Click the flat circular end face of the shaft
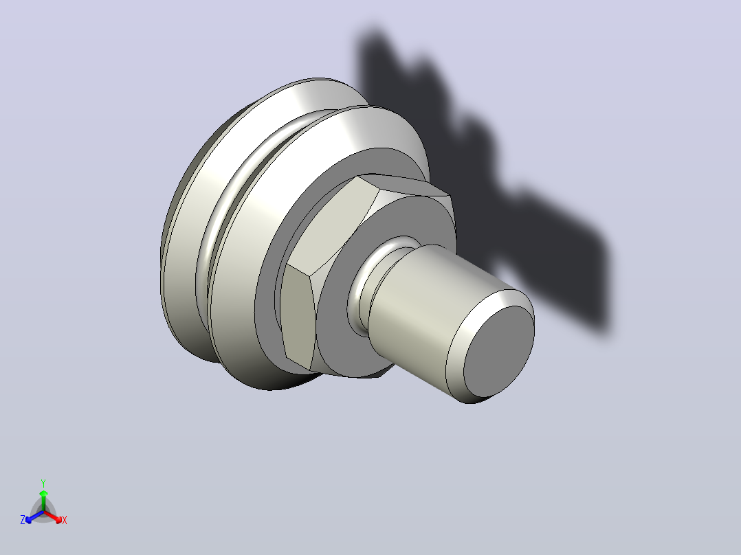[499, 352]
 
